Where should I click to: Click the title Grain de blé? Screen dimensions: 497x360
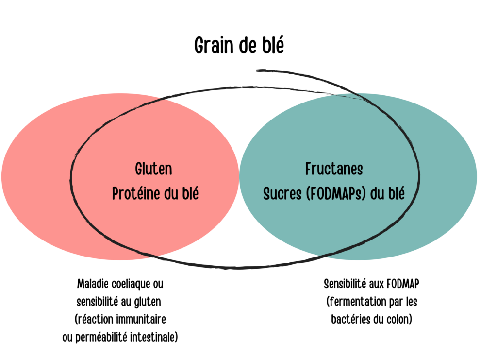coord(239,45)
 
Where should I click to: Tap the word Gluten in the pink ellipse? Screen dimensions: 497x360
coord(154,169)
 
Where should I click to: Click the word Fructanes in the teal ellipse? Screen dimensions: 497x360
coord(334,169)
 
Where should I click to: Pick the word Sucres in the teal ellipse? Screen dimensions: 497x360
coord(282,193)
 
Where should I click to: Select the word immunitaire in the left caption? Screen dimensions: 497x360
coord(143,319)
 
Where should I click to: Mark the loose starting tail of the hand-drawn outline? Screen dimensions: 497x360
coord(257,71)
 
